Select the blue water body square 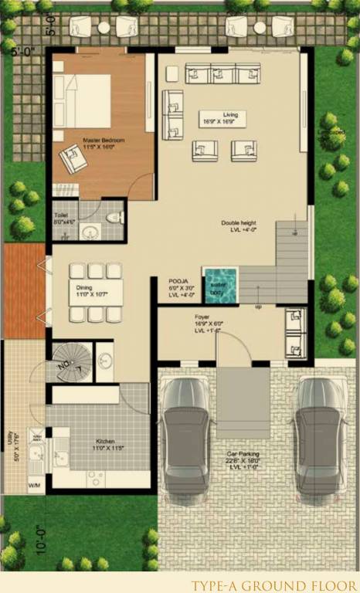220,283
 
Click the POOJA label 179,281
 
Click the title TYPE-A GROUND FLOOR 273,585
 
